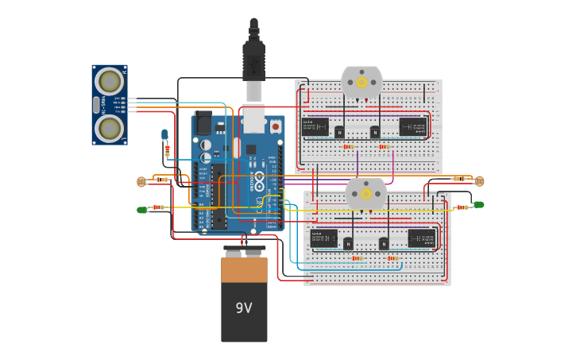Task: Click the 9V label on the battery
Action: point(244,308)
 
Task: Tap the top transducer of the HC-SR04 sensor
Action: point(110,81)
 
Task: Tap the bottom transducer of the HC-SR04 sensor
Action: point(110,128)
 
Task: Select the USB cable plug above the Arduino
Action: point(253,60)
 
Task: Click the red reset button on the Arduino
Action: point(275,126)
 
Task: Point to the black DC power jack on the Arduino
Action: point(203,124)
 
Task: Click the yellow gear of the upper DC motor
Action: point(361,82)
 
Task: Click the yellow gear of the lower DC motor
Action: point(366,193)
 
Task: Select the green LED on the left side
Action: point(141,210)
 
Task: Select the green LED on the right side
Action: point(478,204)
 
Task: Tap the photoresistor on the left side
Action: point(141,181)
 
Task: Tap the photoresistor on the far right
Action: point(479,181)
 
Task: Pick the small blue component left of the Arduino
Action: point(164,134)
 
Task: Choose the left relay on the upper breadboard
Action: point(315,127)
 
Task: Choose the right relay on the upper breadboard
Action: point(412,126)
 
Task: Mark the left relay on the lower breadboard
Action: point(323,238)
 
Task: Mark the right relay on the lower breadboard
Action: point(421,238)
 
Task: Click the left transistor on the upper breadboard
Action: point(339,132)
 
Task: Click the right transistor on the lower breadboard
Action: point(384,243)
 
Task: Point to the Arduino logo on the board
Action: point(255,180)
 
